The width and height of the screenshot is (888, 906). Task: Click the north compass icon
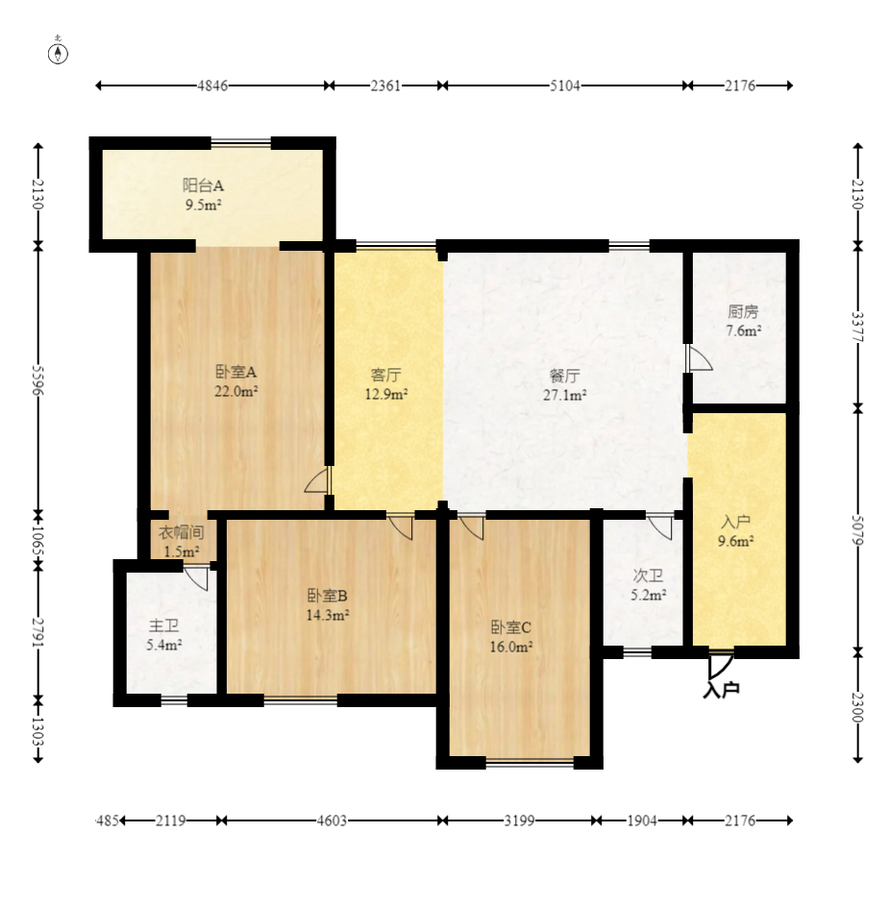58,52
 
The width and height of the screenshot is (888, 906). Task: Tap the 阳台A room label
203,185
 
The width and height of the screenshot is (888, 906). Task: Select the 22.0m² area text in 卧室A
235,391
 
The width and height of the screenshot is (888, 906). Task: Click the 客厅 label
385,375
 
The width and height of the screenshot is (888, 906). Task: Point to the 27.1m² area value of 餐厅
565,395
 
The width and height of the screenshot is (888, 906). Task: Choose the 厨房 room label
743,311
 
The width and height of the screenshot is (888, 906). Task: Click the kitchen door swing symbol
699,358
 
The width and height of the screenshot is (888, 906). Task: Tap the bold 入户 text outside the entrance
722,689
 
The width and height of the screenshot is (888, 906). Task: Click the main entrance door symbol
721,665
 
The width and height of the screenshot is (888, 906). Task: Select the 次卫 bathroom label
648,575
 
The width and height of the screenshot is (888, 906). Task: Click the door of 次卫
660,526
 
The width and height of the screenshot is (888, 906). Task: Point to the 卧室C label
510,627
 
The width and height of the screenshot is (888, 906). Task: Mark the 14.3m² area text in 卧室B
327,615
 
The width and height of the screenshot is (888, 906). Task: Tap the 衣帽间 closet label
181,532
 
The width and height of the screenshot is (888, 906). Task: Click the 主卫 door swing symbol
197,578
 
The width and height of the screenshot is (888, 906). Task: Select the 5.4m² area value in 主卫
164,645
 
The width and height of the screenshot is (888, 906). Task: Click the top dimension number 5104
565,86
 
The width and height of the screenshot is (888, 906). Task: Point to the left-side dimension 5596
38,380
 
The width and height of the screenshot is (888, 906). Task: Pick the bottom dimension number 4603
332,820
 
